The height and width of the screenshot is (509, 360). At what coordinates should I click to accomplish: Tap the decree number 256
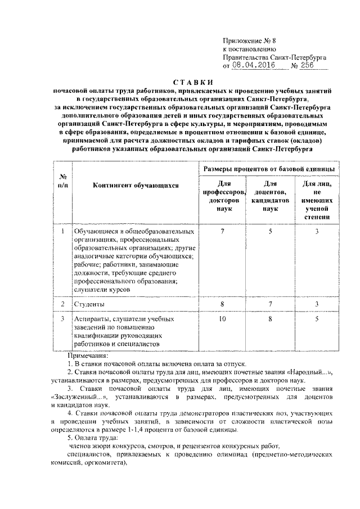click(309, 65)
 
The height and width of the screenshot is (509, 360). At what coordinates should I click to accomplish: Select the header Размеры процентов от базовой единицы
click(268, 169)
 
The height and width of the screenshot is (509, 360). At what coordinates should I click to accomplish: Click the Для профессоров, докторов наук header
click(223, 196)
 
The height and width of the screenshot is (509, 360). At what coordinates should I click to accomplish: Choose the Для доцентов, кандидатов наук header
click(271, 196)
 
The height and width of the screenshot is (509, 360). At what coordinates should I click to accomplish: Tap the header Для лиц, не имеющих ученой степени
click(317, 200)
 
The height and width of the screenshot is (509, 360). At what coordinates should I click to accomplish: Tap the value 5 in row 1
click(271, 231)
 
